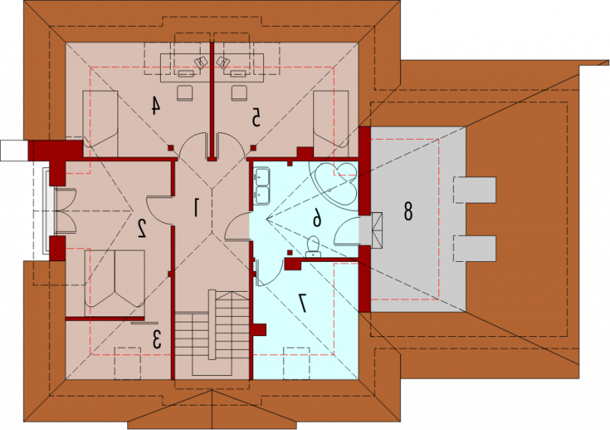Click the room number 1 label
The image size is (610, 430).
(196, 207)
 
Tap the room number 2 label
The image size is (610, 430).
(142, 229)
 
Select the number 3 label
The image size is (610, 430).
(156, 339)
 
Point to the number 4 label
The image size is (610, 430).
(156, 105)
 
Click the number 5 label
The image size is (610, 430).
(255, 118)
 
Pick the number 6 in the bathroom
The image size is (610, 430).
(317, 217)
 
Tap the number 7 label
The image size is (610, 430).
(302, 303)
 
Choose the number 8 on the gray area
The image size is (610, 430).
(408, 212)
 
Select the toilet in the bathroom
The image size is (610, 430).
(313, 247)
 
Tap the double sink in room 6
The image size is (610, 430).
(262, 186)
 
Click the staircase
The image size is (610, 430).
(212, 333)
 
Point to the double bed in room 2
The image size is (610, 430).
(115, 283)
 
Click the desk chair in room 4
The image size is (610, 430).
(185, 92)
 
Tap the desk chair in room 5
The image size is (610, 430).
(239, 92)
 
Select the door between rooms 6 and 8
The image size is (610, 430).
(347, 231)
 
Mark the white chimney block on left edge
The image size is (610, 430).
(14, 150)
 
